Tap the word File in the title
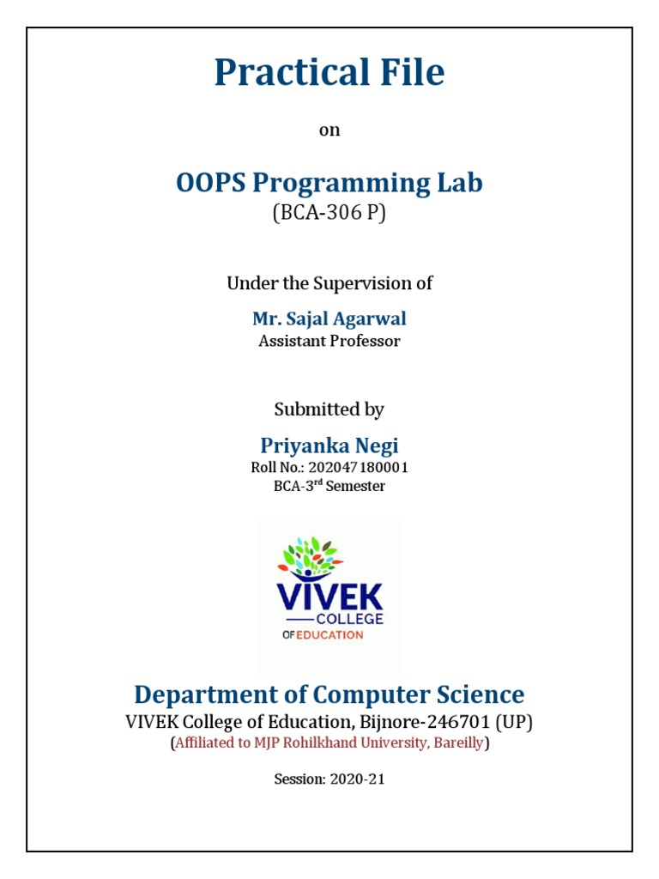408,74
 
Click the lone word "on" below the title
329,130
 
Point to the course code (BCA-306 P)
329,213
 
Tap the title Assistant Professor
329,341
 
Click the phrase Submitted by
329,409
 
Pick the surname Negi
378,446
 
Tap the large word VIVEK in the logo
329,597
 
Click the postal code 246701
462,722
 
